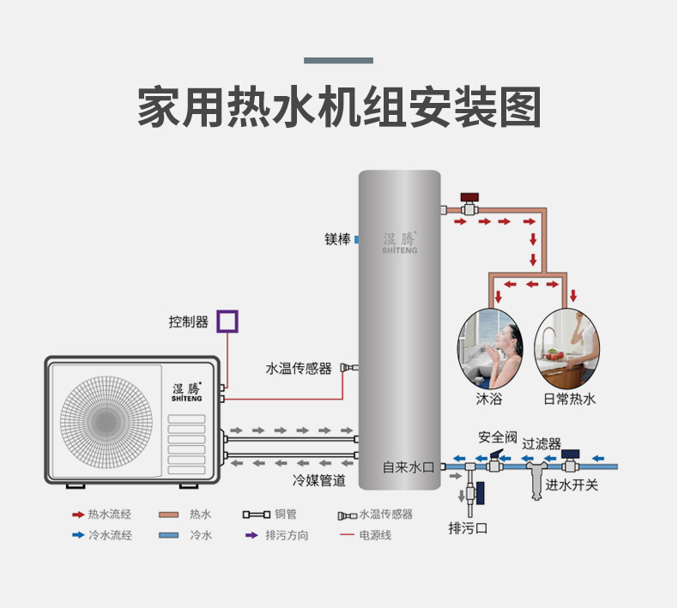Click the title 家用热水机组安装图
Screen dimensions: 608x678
point(339,106)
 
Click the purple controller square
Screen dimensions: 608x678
point(227,322)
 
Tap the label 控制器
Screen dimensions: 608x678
point(189,322)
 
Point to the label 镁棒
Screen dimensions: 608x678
point(336,239)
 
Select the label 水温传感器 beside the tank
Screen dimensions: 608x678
point(298,369)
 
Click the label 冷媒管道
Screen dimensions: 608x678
point(319,481)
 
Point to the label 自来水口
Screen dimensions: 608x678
point(409,467)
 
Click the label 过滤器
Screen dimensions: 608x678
point(542,443)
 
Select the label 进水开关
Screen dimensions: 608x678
point(572,485)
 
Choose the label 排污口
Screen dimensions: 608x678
point(468,527)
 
